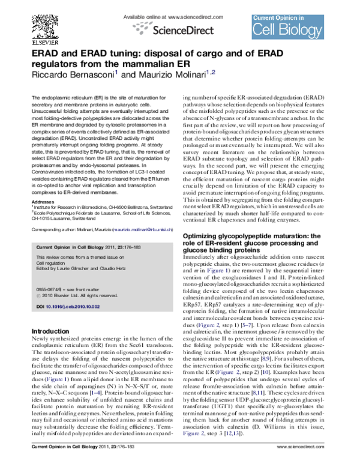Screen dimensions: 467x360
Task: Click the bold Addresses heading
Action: click(x=42, y=185)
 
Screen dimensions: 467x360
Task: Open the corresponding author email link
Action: click(x=142, y=212)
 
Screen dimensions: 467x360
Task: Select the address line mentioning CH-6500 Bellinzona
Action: click(x=101, y=191)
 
